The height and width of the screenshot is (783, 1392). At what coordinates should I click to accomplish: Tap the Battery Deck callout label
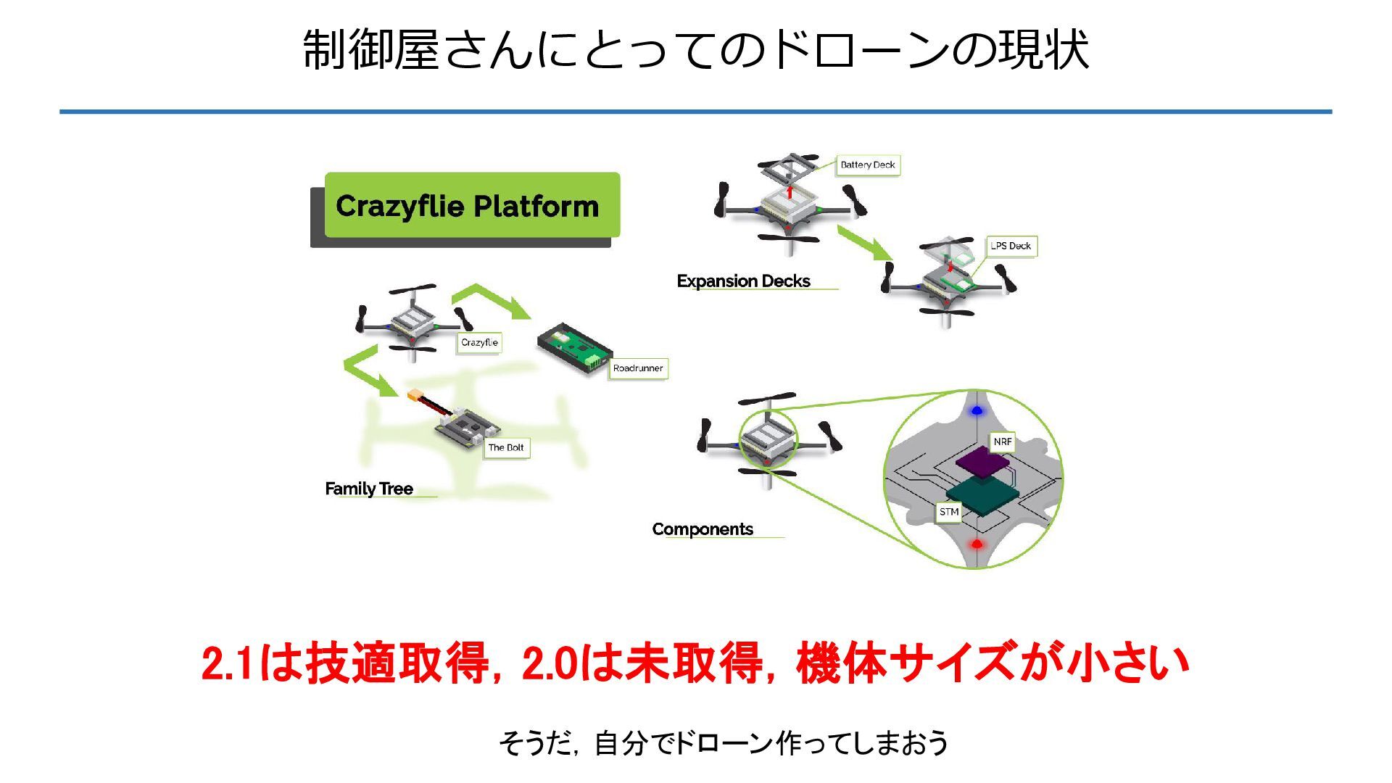click(867, 165)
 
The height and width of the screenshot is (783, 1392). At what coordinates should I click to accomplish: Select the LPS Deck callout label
click(1011, 246)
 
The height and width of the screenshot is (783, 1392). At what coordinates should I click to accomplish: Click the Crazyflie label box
click(479, 342)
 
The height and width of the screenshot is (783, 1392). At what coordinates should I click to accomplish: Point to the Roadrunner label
click(637, 368)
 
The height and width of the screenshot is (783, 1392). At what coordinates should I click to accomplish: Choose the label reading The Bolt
click(505, 447)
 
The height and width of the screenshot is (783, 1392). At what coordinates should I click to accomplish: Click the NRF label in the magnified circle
click(1002, 442)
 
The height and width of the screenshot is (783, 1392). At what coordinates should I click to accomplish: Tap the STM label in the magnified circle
click(949, 512)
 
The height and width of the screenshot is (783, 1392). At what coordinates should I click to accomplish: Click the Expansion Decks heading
click(743, 281)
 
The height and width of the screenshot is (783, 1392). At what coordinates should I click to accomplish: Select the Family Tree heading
click(369, 489)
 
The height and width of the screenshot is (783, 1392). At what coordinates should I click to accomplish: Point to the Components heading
click(703, 529)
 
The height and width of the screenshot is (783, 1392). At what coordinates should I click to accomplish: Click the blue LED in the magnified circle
click(977, 411)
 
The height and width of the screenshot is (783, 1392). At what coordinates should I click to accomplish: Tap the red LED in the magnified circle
click(977, 544)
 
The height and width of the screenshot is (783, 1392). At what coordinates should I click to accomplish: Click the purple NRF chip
click(982, 462)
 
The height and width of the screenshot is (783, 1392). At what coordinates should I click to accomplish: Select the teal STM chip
click(982, 496)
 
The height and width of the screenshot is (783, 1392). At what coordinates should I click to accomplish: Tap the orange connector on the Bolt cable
click(415, 396)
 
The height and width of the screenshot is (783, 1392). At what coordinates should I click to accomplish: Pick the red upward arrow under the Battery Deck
click(790, 193)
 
